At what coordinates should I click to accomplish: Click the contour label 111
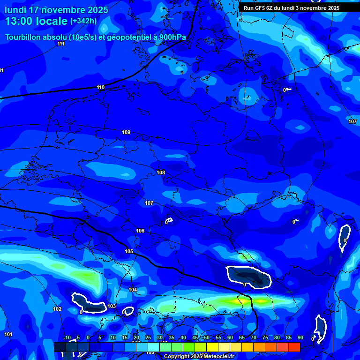point(61,44)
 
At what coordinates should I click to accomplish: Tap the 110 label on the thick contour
point(101,87)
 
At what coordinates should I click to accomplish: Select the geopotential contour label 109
point(126,132)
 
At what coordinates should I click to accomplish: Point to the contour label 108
point(161,172)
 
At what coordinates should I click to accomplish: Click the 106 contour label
point(140,231)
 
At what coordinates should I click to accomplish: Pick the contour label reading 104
point(133,290)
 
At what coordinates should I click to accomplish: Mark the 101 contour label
point(8,334)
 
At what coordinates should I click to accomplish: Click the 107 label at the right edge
point(352,121)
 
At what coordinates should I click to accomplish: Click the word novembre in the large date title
point(66,10)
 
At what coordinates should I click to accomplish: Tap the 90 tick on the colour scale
point(300,337)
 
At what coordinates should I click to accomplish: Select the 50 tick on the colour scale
point(206,337)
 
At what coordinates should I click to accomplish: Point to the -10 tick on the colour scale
point(67,337)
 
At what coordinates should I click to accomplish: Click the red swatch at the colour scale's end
point(294,347)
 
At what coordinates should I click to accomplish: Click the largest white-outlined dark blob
point(248,277)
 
